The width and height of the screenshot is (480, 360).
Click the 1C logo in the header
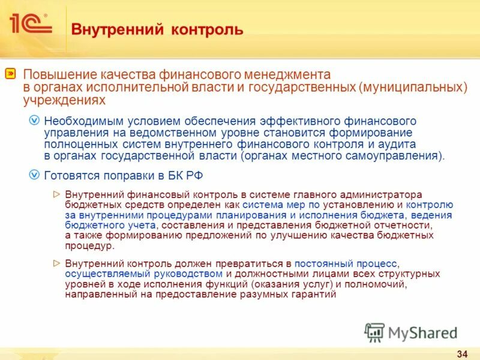[x=30, y=25]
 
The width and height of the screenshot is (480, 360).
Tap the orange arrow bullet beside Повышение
[x=11, y=74]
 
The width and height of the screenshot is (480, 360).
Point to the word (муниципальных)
[x=413, y=88]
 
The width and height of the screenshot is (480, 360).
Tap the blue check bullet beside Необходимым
[x=35, y=121]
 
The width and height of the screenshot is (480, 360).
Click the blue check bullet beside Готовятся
[x=35, y=175]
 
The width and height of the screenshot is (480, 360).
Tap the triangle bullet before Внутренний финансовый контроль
[x=57, y=194]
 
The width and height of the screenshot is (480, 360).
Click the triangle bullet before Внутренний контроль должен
[x=57, y=263]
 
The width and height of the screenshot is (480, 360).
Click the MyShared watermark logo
[x=411, y=332]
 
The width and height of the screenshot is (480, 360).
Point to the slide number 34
[x=462, y=351]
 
